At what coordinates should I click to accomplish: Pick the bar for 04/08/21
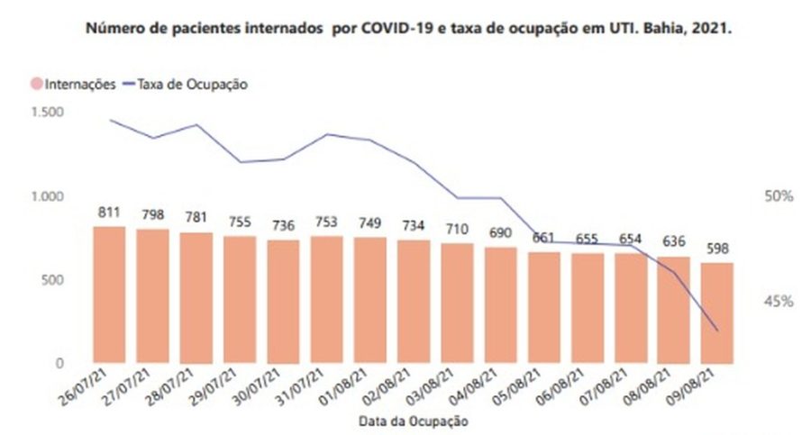pyautogui.click(x=500, y=305)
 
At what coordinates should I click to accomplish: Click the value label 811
pyautogui.click(x=109, y=213)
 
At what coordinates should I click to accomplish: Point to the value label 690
pyautogui.click(x=500, y=232)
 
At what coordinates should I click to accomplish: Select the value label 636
pyautogui.click(x=674, y=243)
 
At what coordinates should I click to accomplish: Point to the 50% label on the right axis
pyautogui.click(x=778, y=196)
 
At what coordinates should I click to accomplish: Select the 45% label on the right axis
pyautogui.click(x=778, y=302)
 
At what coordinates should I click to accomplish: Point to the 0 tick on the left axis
pyautogui.click(x=60, y=364)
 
